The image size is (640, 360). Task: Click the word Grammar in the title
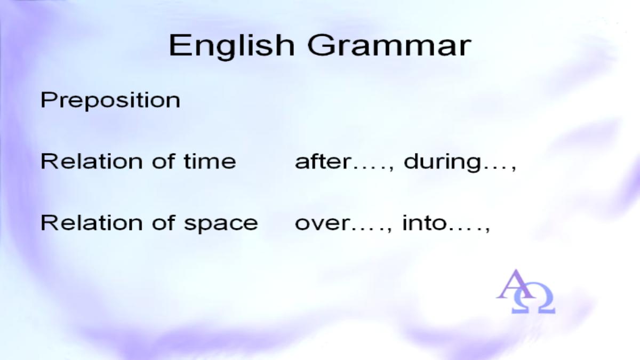pyautogui.click(x=389, y=46)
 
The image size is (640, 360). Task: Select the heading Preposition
pyautogui.click(x=110, y=101)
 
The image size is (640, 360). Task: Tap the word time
pyautogui.click(x=210, y=161)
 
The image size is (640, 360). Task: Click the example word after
pyautogui.click(x=323, y=161)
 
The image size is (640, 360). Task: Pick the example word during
pyautogui.click(x=442, y=162)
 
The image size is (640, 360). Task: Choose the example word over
pyautogui.click(x=323, y=223)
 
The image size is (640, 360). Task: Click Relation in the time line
pyautogui.click(x=91, y=161)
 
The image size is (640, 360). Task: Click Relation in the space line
pyautogui.click(x=91, y=222)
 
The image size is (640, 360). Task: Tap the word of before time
pyautogui.click(x=163, y=161)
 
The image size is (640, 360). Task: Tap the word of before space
pyautogui.click(x=163, y=222)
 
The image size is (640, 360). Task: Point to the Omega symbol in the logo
pyautogui.click(x=533, y=298)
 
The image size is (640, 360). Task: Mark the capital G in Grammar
pyautogui.click(x=321, y=46)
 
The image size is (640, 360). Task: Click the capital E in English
pyautogui.click(x=179, y=45)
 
